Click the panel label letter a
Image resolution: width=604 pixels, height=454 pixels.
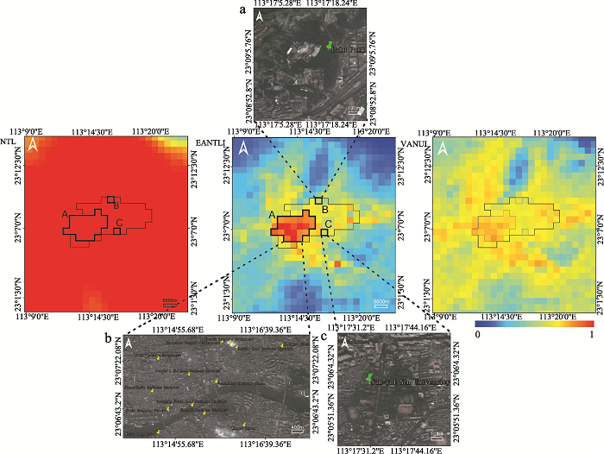click(243, 9)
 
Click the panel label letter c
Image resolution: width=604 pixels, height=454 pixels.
click(323, 337)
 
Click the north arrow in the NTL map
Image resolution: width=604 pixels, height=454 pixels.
click(33, 145)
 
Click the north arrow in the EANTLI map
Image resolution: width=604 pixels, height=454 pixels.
click(244, 148)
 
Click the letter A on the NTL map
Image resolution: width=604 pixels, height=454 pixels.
click(66, 213)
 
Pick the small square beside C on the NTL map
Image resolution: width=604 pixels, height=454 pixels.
click(117, 230)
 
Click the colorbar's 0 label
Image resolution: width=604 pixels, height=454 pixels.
click(477, 335)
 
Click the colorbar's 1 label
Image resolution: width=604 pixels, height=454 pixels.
click(591, 335)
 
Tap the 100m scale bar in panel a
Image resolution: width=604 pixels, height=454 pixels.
click(352, 109)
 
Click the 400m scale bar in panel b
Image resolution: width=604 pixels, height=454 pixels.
click(297, 428)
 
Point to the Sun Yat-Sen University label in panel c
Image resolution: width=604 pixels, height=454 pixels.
click(405, 381)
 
